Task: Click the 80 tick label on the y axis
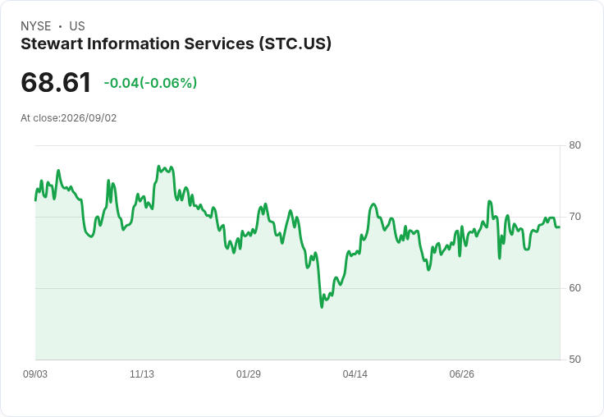574,145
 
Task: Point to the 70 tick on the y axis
574,217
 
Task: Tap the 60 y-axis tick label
574,288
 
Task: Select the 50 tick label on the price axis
574,360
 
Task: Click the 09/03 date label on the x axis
35,374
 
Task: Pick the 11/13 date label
142,374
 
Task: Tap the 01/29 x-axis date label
249,374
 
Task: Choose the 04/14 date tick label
355,374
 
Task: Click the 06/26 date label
461,374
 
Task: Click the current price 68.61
56,82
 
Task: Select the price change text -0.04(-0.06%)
150,83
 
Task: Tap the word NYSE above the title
36,26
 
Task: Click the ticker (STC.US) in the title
295,44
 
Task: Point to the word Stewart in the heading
52,44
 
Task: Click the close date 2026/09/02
89,118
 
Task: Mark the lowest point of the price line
322,307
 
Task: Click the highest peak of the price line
158,166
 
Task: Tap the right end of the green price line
560,227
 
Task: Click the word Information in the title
133,44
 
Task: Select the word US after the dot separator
77,26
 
